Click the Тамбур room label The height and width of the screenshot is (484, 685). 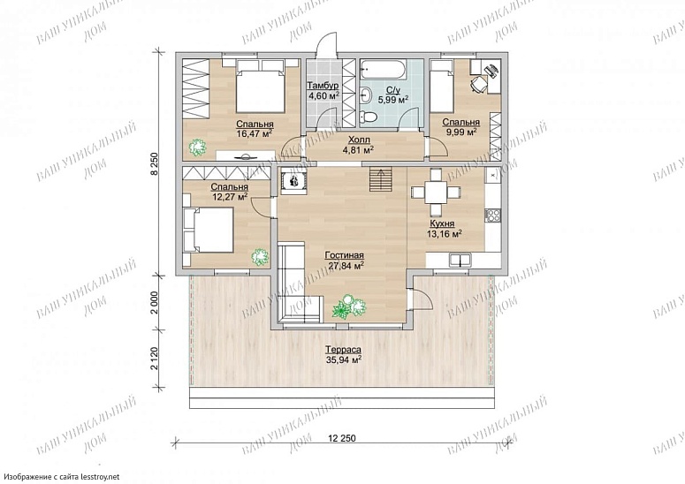323,85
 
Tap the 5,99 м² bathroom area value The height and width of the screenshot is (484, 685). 392,99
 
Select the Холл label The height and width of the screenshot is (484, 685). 359,140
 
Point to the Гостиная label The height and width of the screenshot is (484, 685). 344,255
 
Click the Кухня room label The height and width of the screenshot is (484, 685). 442,223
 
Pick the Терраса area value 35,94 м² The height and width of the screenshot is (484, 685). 343,359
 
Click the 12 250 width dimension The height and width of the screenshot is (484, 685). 341,438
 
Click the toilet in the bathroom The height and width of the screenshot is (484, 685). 369,117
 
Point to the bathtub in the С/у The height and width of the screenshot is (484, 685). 383,69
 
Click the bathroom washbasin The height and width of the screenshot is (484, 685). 366,94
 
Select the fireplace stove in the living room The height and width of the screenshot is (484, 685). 293,180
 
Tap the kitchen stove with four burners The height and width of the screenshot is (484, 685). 493,214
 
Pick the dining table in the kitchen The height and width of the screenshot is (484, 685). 436,193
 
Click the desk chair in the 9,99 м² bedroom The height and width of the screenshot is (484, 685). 478,83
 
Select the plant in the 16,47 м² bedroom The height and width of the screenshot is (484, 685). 197,147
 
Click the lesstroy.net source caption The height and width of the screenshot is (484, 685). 60,477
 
